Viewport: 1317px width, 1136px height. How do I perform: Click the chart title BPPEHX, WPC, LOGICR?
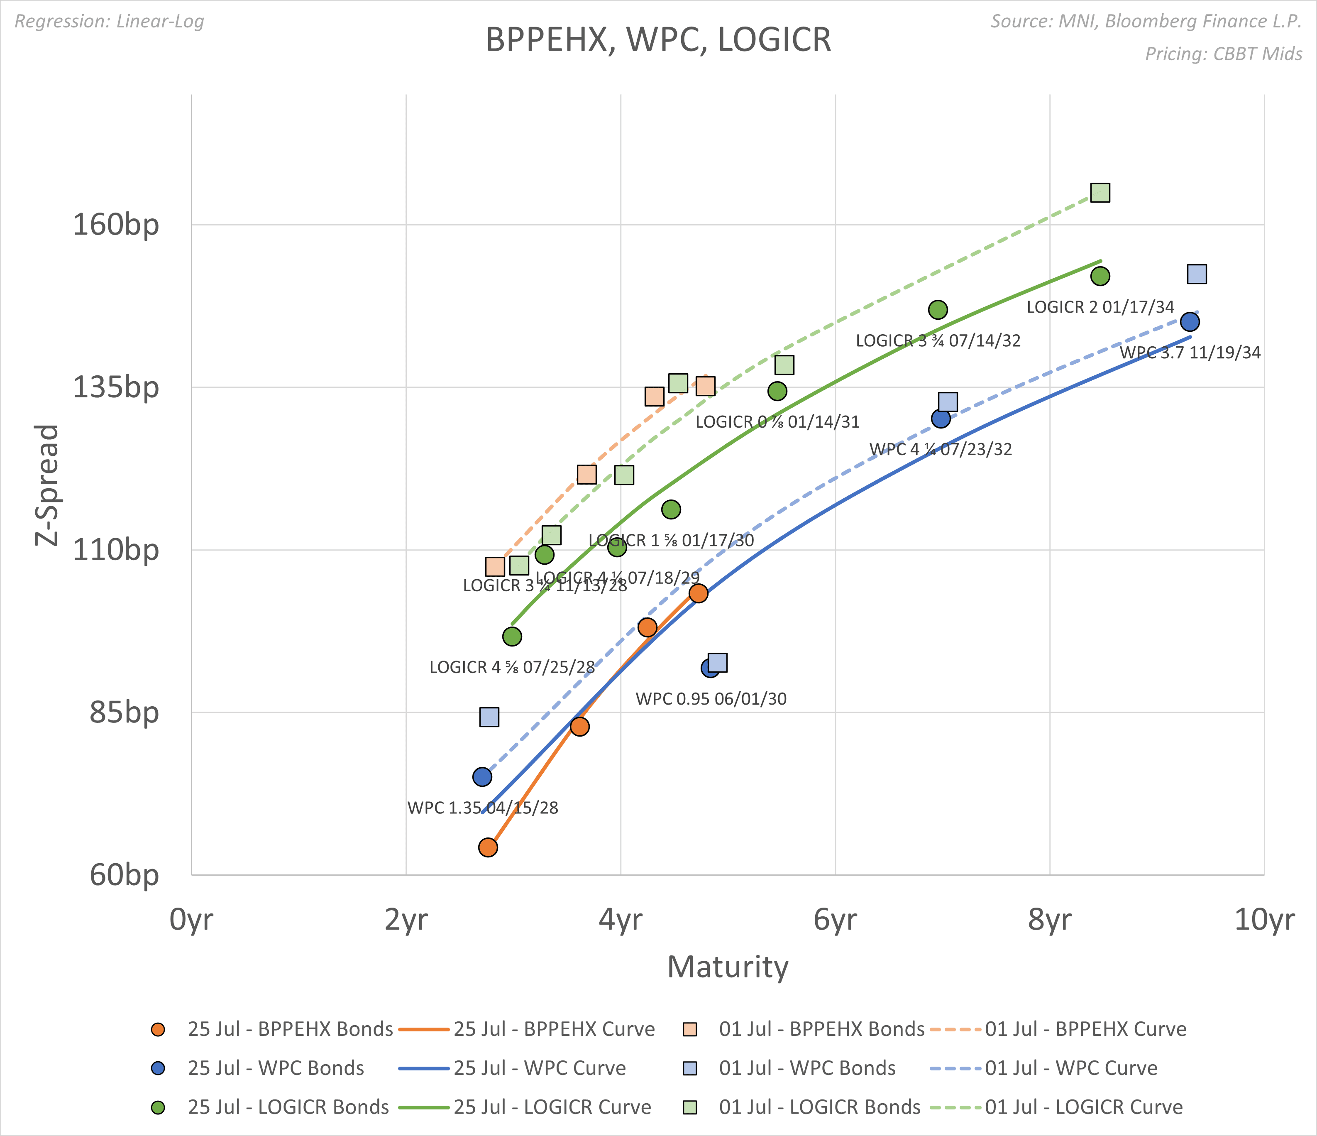pyautogui.click(x=658, y=40)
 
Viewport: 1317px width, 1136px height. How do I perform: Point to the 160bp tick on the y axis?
pyautogui.click(x=116, y=225)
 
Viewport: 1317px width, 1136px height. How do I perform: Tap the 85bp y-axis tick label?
pyautogui.click(x=124, y=712)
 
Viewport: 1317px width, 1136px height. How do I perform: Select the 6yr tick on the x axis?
pyautogui.click(x=835, y=920)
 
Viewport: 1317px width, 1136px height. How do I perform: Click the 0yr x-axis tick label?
pyautogui.click(x=191, y=920)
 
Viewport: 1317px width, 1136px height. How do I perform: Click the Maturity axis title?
pyautogui.click(x=727, y=967)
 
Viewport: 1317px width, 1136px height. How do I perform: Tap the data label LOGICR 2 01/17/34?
pyautogui.click(x=1100, y=307)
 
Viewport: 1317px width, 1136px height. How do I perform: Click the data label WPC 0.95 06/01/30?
pyautogui.click(x=711, y=699)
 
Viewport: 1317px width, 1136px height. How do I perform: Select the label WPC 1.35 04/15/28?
pyautogui.click(x=482, y=808)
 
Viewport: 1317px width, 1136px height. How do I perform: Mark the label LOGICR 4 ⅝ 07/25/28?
pyautogui.click(x=512, y=668)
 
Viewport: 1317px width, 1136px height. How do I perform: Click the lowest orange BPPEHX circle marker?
pyautogui.click(x=488, y=847)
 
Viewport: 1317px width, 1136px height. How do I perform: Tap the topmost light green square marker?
pyautogui.click(x=1100, y=193)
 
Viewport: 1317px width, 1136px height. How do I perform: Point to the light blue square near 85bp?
pyautogui.click(x=489, y=717)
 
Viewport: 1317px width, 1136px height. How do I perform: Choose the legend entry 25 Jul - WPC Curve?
pyautogui.click(x=539, y=1068)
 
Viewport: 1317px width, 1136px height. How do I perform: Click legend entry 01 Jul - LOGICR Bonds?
pyautogui.click(x=819, y=1107)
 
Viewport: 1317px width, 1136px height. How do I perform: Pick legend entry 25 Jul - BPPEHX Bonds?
pyautogui.click(x=290, y=1029)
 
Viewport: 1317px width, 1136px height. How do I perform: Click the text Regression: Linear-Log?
pyautogui.click(x=109, y=22)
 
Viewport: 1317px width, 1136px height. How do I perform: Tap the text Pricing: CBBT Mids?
pyautogui.click(x=1224, y=54)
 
